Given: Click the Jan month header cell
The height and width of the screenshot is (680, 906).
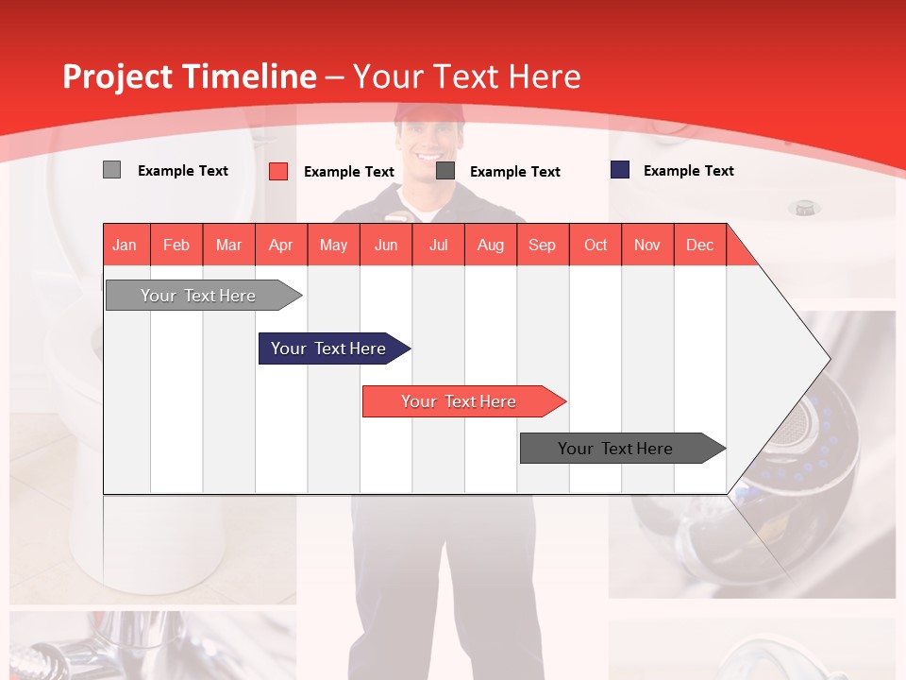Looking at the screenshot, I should coord(126,245).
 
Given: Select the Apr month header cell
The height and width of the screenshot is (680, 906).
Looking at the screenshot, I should coord(281,245).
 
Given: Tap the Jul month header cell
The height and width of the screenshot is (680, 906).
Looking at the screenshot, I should coord(438,245).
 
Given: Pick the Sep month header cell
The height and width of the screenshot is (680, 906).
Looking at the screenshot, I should coord(543,245).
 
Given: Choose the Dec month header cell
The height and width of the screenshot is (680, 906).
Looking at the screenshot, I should coord(699,245).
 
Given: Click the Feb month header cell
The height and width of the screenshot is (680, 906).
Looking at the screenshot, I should coord(176,245).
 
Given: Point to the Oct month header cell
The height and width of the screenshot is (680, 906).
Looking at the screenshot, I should coord(596,245).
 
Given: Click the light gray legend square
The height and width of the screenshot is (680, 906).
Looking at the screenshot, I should coord(111,170).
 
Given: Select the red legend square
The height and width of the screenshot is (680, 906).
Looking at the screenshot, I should coord(278,171).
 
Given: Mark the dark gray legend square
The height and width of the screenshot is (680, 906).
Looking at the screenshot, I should coord(445,171).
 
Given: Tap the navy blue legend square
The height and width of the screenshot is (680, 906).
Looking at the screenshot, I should coord(620,170).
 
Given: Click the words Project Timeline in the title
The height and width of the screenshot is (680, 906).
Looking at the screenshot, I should coord(190,76).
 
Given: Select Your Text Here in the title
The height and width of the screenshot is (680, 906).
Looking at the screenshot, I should coord(467,76).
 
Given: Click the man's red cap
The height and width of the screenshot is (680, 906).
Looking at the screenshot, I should coord(430,113).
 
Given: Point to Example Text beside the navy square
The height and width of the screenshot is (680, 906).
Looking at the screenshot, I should coord(688,171).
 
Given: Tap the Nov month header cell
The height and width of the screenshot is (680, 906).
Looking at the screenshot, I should coord(647,245).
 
